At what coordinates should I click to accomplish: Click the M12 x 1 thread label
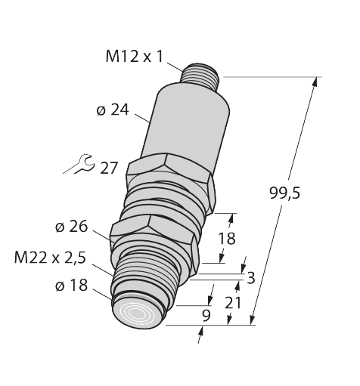tap(135, 57)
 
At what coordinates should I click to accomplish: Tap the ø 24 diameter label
tap(113, 110)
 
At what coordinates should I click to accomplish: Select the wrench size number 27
tap(109, 168)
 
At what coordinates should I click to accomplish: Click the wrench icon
tap(79, 165)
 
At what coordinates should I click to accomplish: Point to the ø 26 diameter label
tap(71, 227)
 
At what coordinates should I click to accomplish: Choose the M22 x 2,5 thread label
tap(50, 258)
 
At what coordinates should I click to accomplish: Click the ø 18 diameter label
tap(71, 286)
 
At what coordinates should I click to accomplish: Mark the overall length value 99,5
tap(285, 193)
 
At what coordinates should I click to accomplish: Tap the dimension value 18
tap(227, 239)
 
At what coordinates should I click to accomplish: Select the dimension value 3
tap(251, 278)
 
